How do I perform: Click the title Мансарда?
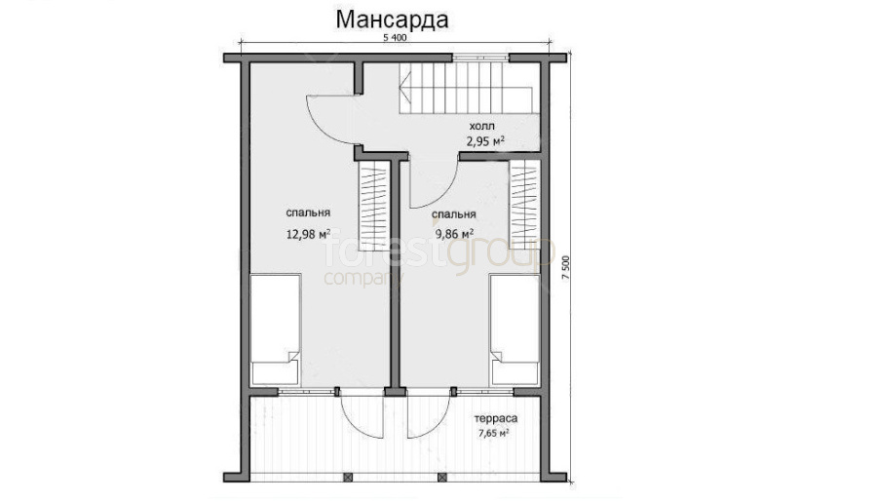pyautogui.click(x=392, y=20)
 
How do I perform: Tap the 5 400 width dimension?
pyautogui.click(x=395, y=38)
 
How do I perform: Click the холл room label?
pyautogui.click(x=481, y=127)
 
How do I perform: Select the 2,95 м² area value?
pyautogui.click(x=485, y=141)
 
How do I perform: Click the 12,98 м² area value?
pyautogui.click(x=308, y=234)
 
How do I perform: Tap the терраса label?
pyautogui.click(x=496, y=418)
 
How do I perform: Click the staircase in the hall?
pyautogui.click(x=469, y=88)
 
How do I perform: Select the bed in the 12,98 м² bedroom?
pyautogui.click(x=276, y=329)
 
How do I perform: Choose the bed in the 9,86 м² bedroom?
pyautogui.click(x=515, y=329)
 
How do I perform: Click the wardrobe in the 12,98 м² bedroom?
pyautogui.click(x=374, y=205)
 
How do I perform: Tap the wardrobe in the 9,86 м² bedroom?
pyautogui.click(x=524, y=205)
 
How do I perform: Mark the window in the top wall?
pyautogui.click(x=480, y=58)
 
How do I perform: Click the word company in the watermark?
pyautogui.click(x=363, y=278)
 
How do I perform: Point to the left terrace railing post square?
pyautogui.click(x=348, y=478)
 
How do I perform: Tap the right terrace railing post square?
pyautogui.click(x=442, y=478)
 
